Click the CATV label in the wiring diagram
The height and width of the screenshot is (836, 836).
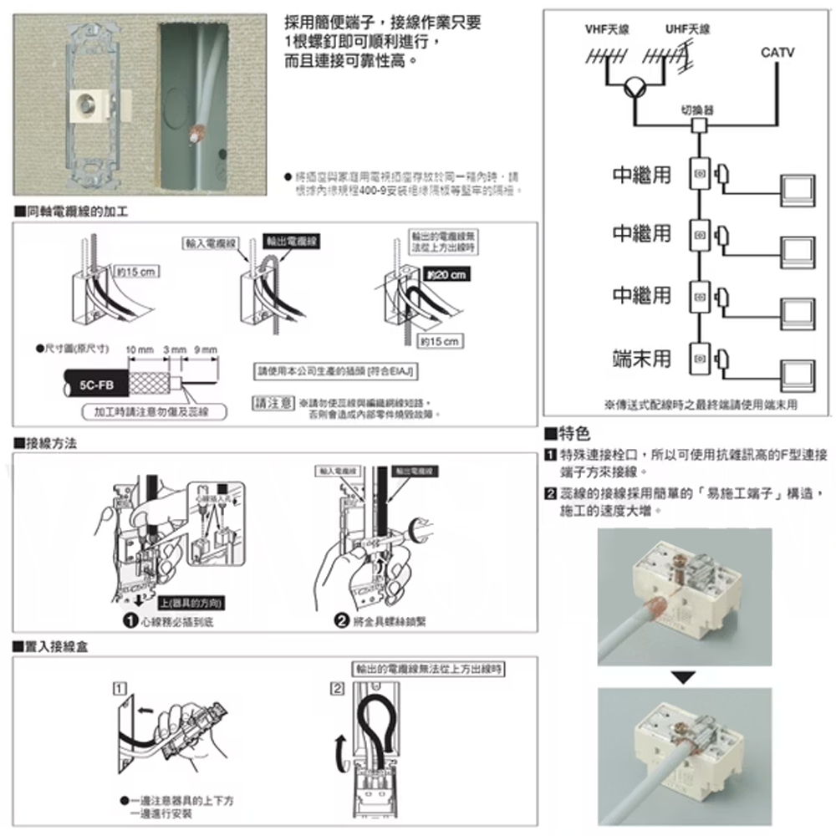click(777, 53)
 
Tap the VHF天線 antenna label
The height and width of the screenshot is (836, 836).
click(608, 29)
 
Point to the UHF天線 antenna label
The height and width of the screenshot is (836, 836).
click(688, 29)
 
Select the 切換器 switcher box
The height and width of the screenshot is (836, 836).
click(698, 126)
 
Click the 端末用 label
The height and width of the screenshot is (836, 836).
click(641, 358)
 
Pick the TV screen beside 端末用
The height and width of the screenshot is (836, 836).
click(797, 372)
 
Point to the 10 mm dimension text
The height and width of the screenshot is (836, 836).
click(140, 349)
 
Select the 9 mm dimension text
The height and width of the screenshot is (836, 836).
click(205, 349)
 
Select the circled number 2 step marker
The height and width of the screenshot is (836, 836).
click(342, 620)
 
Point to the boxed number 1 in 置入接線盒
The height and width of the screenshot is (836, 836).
click(122, 690)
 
